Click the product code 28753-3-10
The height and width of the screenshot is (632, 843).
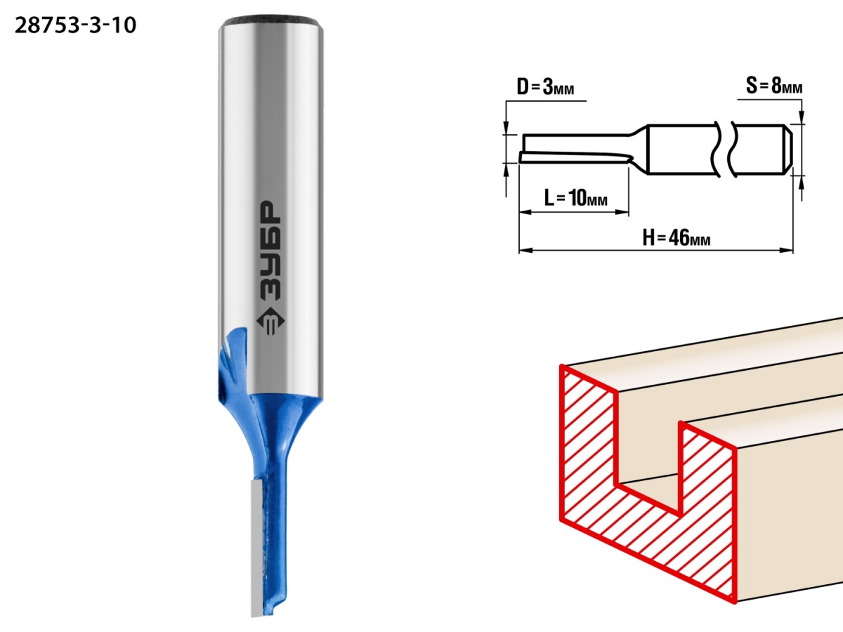75,26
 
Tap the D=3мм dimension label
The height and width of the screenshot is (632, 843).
545,87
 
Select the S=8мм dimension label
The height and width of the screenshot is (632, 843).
774,86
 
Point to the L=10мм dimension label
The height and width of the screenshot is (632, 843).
575,198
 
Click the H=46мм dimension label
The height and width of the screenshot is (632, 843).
677,237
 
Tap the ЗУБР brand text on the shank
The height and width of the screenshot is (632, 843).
270,251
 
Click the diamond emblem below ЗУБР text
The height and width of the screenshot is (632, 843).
270,322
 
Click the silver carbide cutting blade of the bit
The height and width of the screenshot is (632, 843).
257,547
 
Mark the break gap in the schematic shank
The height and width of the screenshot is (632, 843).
724,150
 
